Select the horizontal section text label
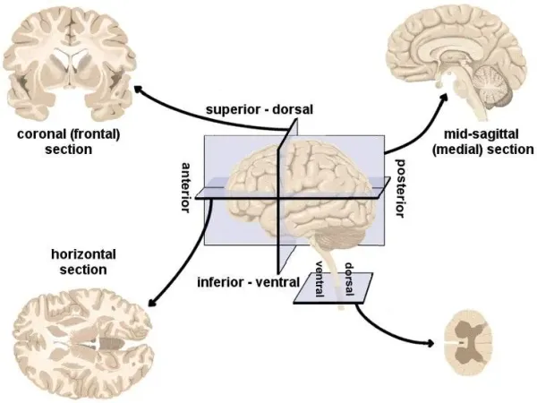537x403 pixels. point(72,262)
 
